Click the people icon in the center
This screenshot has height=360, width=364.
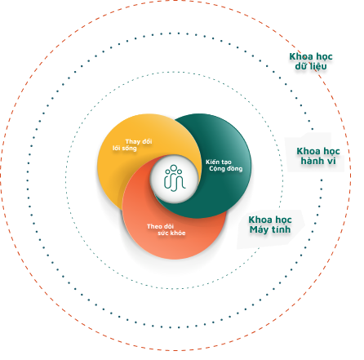175,178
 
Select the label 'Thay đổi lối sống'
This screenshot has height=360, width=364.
132,144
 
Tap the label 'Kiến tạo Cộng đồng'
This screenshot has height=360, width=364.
224,166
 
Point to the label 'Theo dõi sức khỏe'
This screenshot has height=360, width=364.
166,229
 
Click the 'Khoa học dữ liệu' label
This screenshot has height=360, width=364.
311,61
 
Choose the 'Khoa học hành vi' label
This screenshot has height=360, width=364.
318,156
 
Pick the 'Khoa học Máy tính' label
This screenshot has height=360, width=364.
270,224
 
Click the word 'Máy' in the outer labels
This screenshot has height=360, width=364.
259,229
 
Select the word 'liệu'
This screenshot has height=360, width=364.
319,66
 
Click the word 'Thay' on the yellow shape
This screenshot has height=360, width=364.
133,141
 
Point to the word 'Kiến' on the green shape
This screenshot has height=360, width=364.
212,162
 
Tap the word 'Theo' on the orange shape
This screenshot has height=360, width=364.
153,226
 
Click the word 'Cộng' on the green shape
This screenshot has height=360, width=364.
217,169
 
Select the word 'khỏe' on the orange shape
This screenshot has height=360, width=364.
178,233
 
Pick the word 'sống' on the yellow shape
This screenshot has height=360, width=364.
129,149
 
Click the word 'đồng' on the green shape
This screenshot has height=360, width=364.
234,169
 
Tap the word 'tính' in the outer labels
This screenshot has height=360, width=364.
282,229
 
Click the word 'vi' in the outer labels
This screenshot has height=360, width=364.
331,161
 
